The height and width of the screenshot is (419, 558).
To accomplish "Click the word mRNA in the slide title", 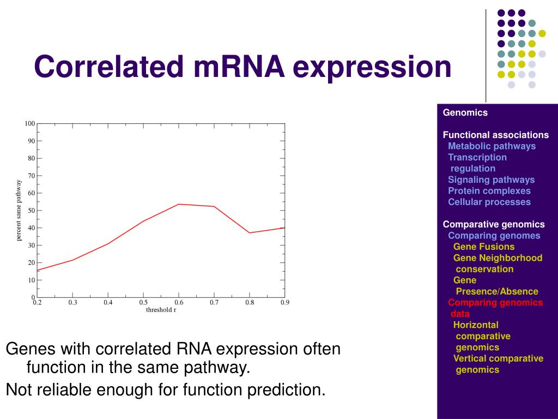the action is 240,66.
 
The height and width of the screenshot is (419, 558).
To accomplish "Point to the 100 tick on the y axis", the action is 30,124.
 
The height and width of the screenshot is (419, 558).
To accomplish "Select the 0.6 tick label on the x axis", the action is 179,302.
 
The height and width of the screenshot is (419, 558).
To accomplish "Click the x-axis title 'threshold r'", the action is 161,310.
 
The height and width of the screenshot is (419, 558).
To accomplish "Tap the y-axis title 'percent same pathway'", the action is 19,210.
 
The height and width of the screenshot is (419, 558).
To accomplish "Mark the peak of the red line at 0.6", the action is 179,204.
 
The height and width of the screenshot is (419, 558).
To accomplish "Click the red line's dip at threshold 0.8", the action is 250,232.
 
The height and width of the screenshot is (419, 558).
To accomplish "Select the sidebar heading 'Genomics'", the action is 465,112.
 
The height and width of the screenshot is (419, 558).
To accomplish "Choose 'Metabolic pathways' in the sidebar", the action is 492,146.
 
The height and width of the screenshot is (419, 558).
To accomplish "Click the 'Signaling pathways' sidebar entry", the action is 491,179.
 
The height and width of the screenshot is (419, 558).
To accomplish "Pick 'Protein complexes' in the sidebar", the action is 489,190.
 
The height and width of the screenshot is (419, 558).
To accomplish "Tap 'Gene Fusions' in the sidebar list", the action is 484,247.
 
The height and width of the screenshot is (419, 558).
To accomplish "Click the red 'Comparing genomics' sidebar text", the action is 495,302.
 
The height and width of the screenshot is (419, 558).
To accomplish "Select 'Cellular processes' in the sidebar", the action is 489,202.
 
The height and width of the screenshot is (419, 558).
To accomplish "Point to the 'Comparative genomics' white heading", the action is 494,224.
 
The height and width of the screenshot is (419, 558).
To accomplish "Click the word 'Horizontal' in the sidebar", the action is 476,325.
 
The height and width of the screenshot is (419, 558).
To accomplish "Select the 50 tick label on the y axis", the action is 32,211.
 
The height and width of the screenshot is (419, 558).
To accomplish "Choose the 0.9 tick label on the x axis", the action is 284,302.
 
